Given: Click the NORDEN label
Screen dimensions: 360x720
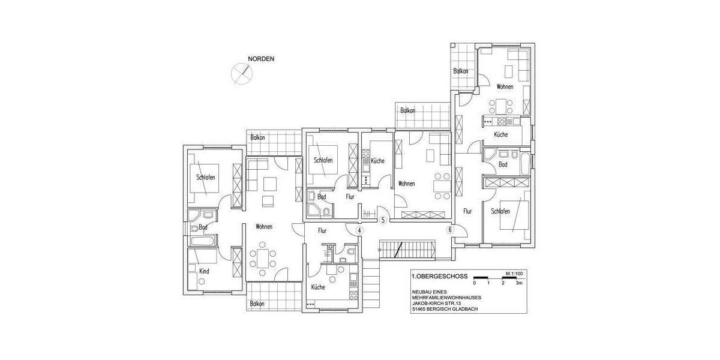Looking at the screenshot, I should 261,59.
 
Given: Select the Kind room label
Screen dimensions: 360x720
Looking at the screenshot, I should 204,272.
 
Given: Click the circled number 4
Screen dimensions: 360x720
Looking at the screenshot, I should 359,230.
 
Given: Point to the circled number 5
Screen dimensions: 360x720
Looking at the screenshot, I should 383,219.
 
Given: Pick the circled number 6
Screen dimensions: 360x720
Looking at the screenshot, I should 449,230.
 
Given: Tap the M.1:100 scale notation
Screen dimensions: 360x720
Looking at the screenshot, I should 515,273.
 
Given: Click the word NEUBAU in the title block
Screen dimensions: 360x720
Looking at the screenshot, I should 422,292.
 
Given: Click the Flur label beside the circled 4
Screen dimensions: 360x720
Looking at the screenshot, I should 322,230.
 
